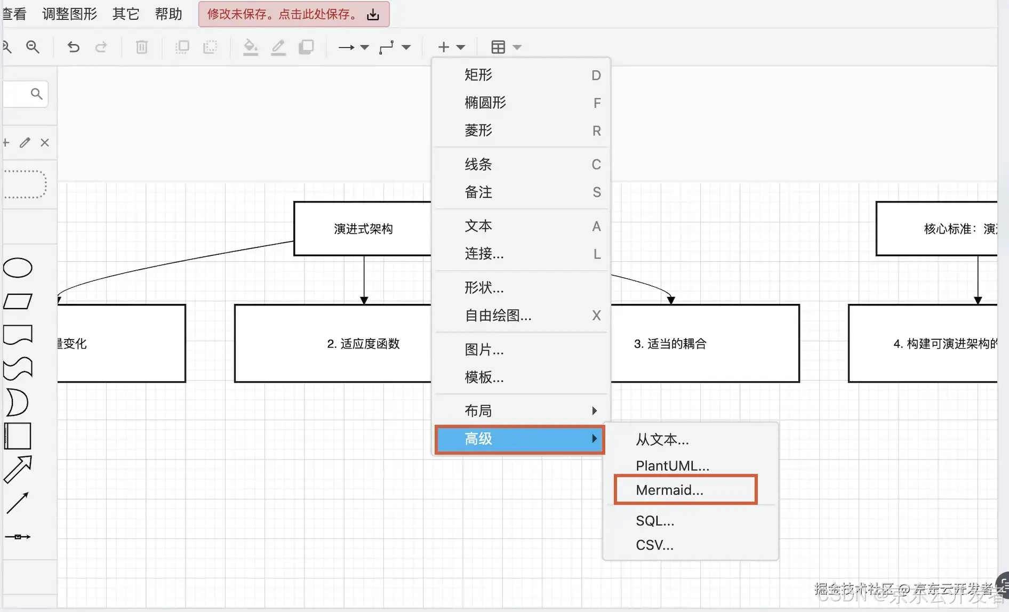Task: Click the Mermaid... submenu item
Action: tap(669, 490)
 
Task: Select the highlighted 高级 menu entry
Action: tap(519, 439)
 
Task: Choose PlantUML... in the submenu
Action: tap(672, 465)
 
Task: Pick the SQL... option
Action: tap(655, 521)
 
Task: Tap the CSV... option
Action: tap(654, 545)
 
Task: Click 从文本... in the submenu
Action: tap(662, 439)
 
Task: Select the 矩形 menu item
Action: tap(478, 75)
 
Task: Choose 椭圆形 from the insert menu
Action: tap(485, 102)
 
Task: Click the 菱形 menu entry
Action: tap(478, 130)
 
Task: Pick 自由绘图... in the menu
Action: tap(498, 315)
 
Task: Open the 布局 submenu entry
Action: tap(478, 410)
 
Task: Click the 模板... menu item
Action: tap(484, 377)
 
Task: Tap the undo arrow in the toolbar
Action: tap(73, 47)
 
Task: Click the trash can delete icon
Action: tap(141, 47)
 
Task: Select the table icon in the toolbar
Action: tap(498, 47)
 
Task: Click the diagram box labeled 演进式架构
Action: tap(363, 229)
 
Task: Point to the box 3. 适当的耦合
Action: tap(704, 343)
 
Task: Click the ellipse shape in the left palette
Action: tap(18, 268)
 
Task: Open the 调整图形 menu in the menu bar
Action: tap(69, 14)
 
